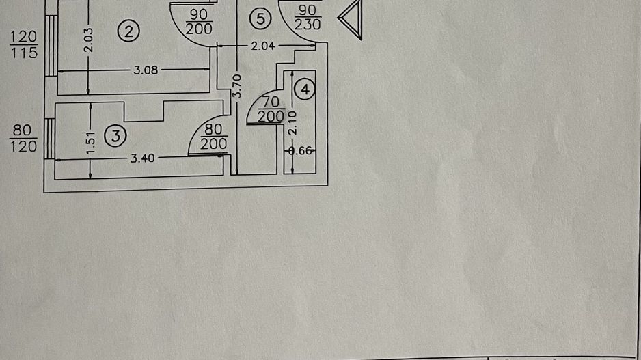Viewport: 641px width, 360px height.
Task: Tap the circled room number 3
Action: [x=115, y=136]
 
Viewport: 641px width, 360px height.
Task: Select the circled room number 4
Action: [x=305, y=89]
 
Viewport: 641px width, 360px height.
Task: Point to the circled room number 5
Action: [x=260, y=19]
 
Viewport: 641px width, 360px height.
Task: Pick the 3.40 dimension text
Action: [x=141, y=158]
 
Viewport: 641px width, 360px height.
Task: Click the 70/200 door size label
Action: [x=271, y=109]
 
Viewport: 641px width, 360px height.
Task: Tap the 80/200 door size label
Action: [x=213, y=137]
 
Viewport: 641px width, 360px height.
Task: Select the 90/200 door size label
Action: [x=199, y=21]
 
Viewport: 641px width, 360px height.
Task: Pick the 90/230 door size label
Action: [x=308, y=18]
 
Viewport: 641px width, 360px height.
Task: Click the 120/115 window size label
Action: [x=24, y=44]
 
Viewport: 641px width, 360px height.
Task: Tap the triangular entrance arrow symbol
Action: [x=350, y=19]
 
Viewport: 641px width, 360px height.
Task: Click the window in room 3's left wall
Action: [x=49, y=139]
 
